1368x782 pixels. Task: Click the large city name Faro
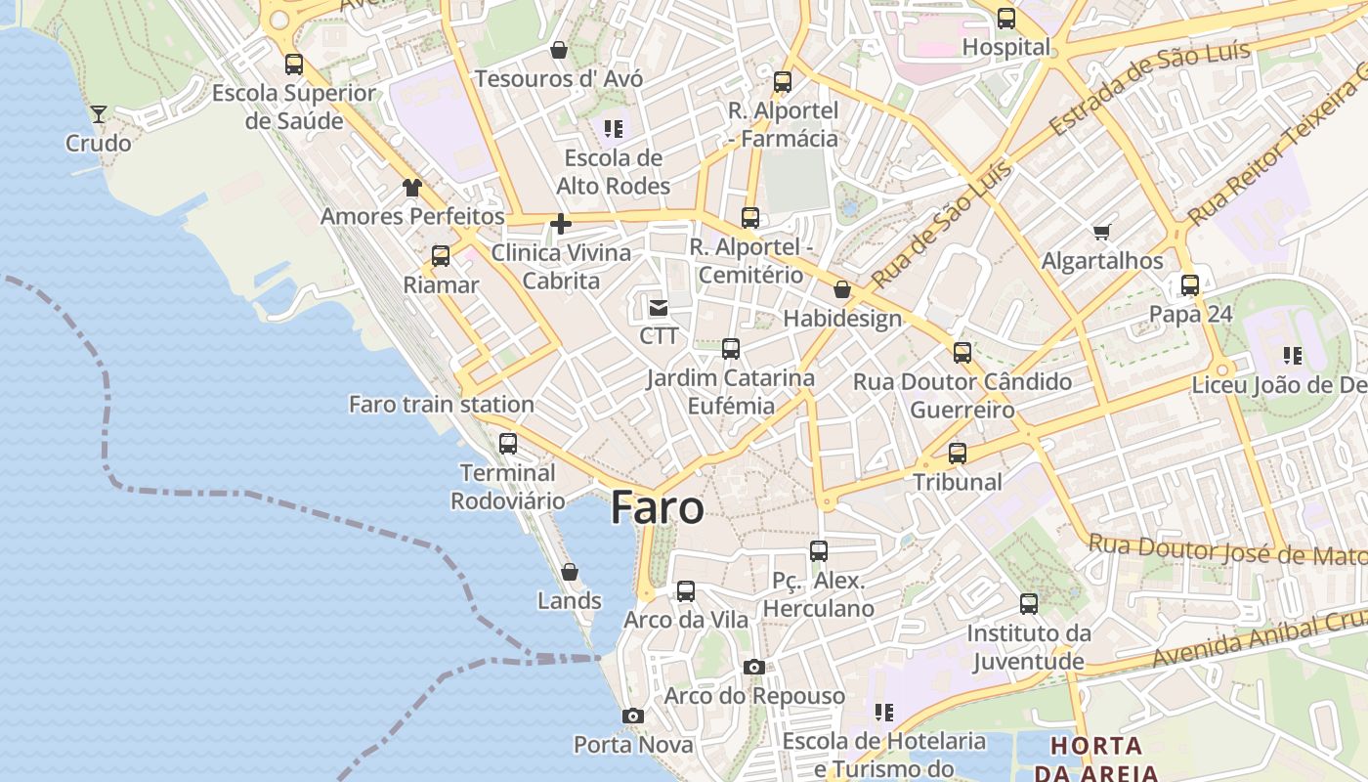click(657, 508)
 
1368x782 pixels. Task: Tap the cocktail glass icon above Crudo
click(99, 113)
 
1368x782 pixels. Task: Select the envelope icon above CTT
click(659, 309)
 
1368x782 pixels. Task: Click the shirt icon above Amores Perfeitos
click(411, 188)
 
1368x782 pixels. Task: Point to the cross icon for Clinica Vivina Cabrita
click(561, 224)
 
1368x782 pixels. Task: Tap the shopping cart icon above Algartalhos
click(1102, 232)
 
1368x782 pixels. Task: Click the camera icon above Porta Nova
click(633, 717)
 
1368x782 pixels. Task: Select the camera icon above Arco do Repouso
click(753, 667)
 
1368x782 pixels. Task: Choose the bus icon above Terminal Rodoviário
click(508, 443)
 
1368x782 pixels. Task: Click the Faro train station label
click(442, 404)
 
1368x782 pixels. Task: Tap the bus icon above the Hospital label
click(1005, 19)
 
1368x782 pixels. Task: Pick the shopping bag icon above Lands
click(570, 572)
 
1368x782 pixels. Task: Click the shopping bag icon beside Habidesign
click(841, 289)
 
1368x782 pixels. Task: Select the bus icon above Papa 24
click(1189, 285)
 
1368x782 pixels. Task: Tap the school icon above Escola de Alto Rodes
click(613, 129)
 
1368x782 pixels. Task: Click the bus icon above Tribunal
click(958, 454)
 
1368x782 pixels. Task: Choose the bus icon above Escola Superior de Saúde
click(294, 65)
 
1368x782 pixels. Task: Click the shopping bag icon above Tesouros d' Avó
click(559, 49)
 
